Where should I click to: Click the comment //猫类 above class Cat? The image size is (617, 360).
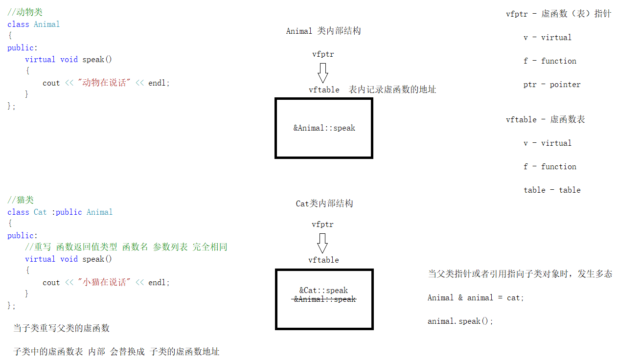click(x=21, y=200)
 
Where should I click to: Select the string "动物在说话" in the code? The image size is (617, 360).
click(x=105, y=83)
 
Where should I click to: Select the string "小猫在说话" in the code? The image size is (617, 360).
click(x=105, y=283)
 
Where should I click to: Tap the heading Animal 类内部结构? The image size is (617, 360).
click(x=323, y=31)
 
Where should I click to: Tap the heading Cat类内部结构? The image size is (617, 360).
click(x=324, y=203)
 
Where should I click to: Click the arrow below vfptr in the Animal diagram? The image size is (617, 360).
click(x=322, y=72)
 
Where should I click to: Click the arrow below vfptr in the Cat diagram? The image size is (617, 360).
click(x=322, y=243)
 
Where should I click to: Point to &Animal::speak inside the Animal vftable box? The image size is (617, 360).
click(x=324, y=128)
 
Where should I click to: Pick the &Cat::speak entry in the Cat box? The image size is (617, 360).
click(x=323, y=290)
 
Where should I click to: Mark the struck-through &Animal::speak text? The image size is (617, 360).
click(x=324, y=299)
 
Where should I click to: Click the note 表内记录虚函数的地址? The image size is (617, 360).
click(x=392, y=90)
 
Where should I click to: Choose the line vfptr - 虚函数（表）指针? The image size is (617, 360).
click(x=558, y=14)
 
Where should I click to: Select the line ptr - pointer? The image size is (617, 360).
click(x=551, y=85)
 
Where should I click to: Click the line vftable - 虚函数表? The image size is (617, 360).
click(x=545, y=119)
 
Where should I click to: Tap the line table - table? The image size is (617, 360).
click(x=551, y=190)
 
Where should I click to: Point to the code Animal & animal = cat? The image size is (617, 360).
click(x=476, y=298)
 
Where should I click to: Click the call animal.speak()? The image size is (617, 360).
click(x=460, y=321)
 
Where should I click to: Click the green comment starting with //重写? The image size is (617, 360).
click(x=126, y=247)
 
